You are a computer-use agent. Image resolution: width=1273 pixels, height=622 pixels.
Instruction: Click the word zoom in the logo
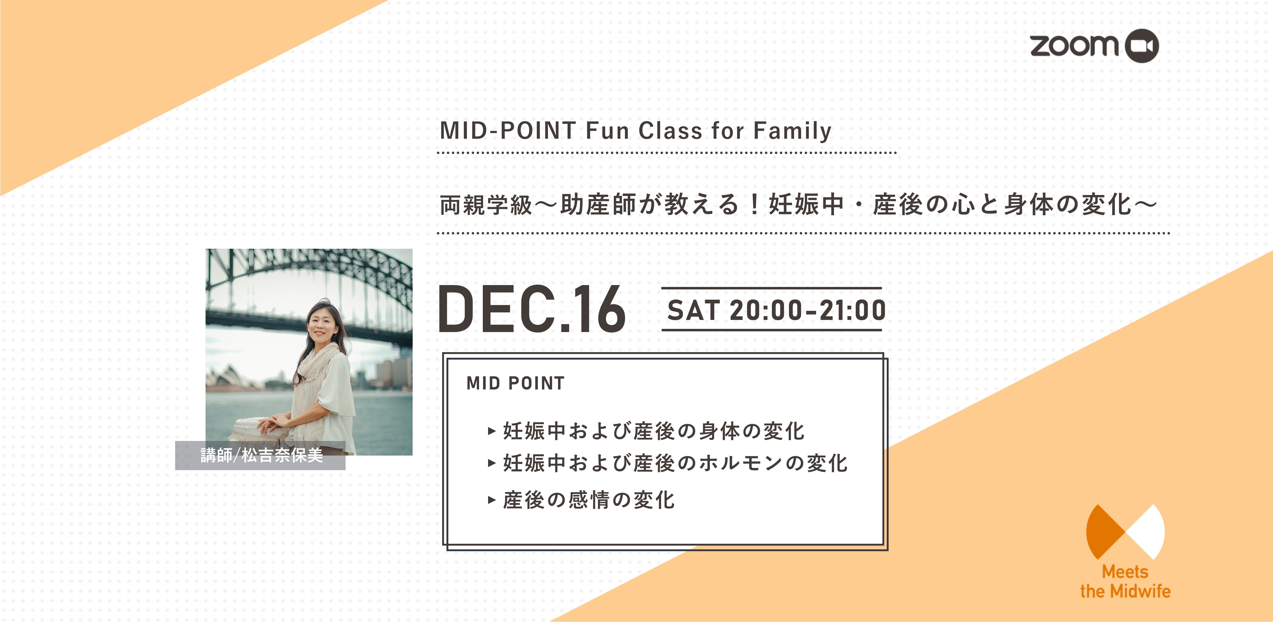(1074, 45)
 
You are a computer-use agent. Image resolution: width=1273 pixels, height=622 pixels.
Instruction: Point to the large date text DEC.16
(532, 309)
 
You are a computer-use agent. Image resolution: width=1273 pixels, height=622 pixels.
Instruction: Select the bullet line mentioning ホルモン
(668, 463)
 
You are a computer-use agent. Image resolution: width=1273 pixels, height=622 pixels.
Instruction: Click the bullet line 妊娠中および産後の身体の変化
(646, 431)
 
